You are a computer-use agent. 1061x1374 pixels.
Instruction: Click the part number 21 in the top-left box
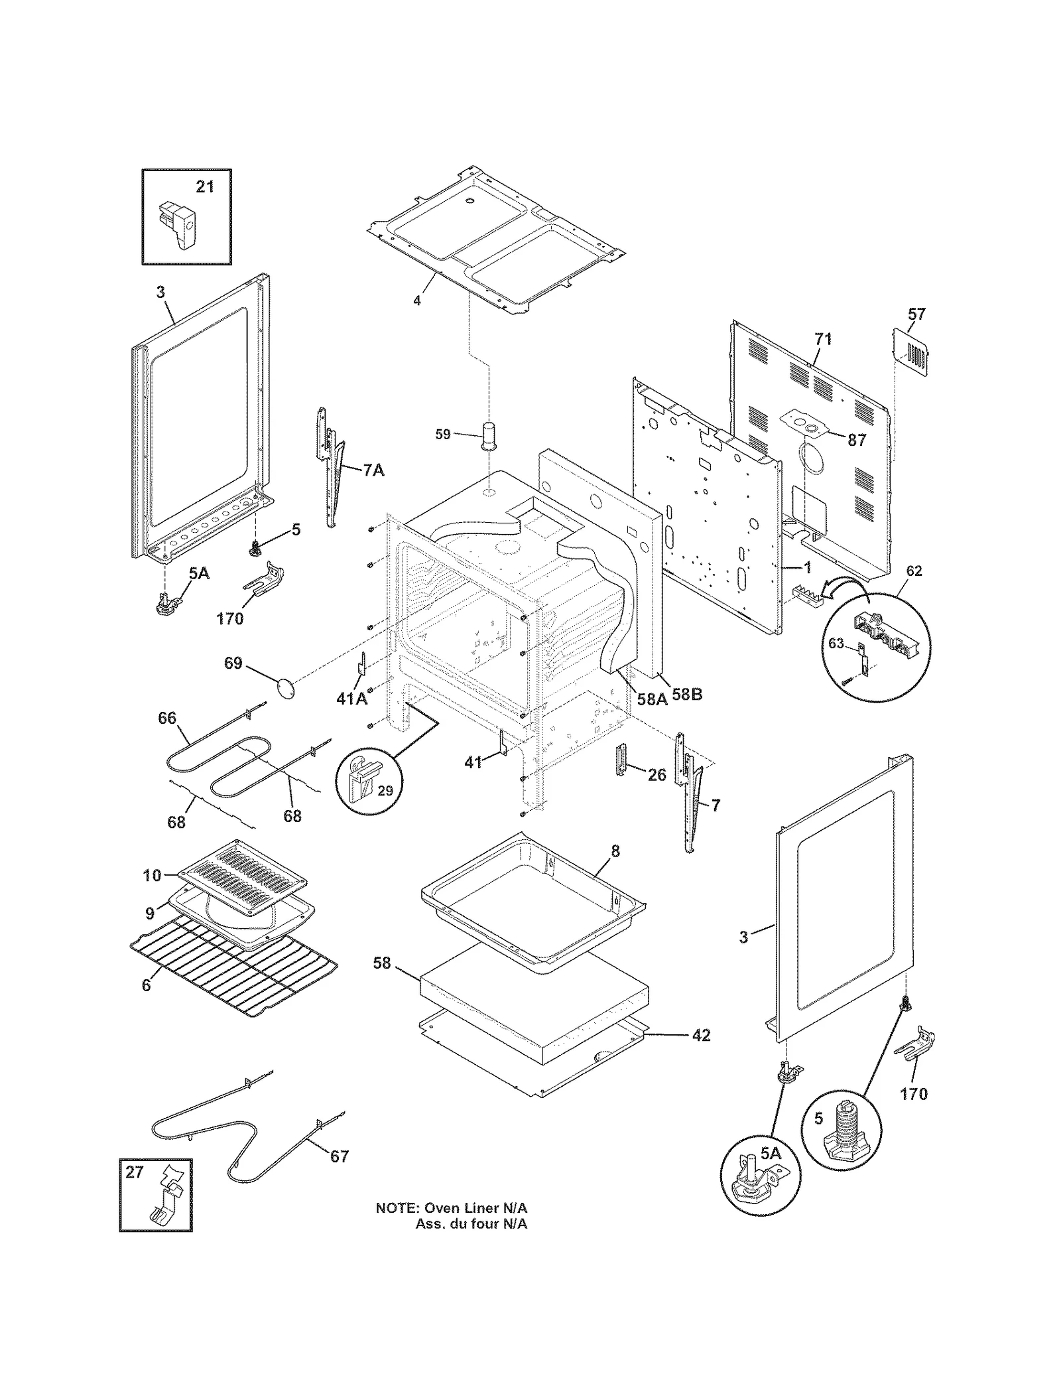point(205,187)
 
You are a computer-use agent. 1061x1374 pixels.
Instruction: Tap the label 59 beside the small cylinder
point(443,435)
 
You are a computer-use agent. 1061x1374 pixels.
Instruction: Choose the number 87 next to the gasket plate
point(857,440)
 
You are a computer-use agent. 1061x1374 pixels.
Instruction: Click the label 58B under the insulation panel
point(687,695)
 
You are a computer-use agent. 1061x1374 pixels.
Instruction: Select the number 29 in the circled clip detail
point(385,790)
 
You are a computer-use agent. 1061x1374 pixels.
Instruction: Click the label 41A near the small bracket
point(352,699)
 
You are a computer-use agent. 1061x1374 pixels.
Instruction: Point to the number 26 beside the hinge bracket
point(656,774)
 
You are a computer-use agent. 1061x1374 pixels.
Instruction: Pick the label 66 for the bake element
point(167,718)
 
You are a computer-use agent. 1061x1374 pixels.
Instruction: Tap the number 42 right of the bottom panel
point(701,1035)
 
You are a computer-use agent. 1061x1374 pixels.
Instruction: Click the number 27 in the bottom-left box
point(135,1172)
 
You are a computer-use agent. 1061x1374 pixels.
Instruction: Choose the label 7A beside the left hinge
point(373,470)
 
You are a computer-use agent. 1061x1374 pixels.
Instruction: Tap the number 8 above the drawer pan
point(615,851)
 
